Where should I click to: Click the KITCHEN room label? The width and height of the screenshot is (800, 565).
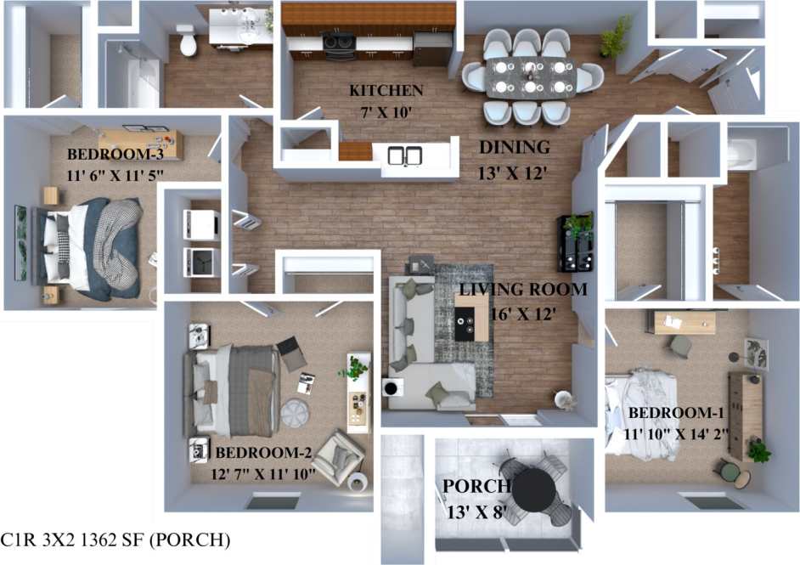pos(386,91)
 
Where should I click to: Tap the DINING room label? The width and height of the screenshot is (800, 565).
pos(515,147)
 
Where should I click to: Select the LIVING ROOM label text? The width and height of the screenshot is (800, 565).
pos(523,289)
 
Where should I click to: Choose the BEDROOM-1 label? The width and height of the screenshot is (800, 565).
pos(675,413)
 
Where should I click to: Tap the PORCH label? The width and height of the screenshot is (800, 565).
pos(476,486)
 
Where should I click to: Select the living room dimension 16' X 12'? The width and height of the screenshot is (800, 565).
pos(523,314)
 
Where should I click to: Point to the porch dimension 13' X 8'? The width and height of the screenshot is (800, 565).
pos(476,512)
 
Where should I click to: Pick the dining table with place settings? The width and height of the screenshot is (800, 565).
pos(532,76)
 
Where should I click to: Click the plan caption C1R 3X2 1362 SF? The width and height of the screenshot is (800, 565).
pos(115,540)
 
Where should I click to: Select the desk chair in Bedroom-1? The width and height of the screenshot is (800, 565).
pos(680,345)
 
